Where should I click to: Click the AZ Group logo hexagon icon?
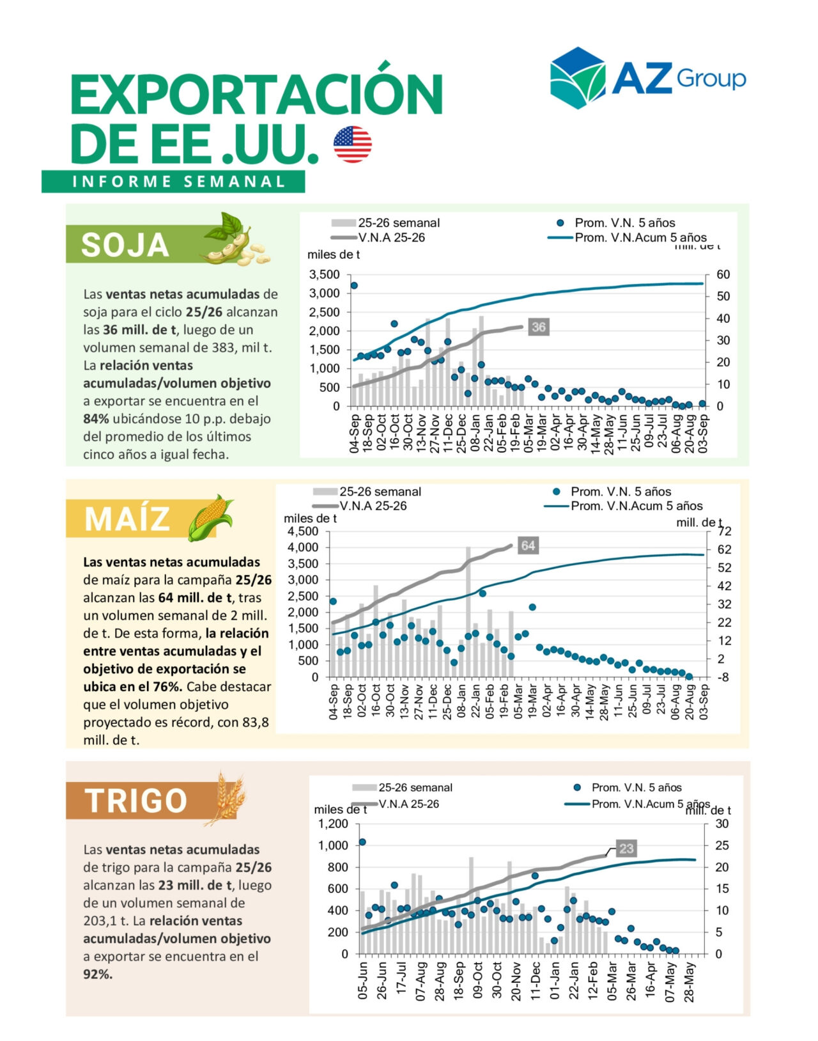coord(577,77)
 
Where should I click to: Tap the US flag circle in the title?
coord(352,144)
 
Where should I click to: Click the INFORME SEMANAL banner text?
coord(178,182)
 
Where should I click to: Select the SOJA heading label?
coord(125,245)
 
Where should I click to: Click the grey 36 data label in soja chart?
coord(539,327)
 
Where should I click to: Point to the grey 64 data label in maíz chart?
coord(528,545)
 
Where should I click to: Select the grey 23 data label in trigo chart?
coord(626,849)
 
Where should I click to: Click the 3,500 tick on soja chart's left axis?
coord(324,275)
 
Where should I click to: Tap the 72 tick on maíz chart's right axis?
coord(725,531)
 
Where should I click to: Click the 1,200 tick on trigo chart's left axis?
coord(333,824)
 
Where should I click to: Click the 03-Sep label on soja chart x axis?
coord(704,433)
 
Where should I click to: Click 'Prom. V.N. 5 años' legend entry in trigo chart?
coord(636,788)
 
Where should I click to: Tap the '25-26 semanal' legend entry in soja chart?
coord(398,223)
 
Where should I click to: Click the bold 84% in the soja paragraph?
coord(96,419)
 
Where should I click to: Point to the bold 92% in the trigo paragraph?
coord(97,974)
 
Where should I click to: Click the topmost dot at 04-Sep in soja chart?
coord(354,286)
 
